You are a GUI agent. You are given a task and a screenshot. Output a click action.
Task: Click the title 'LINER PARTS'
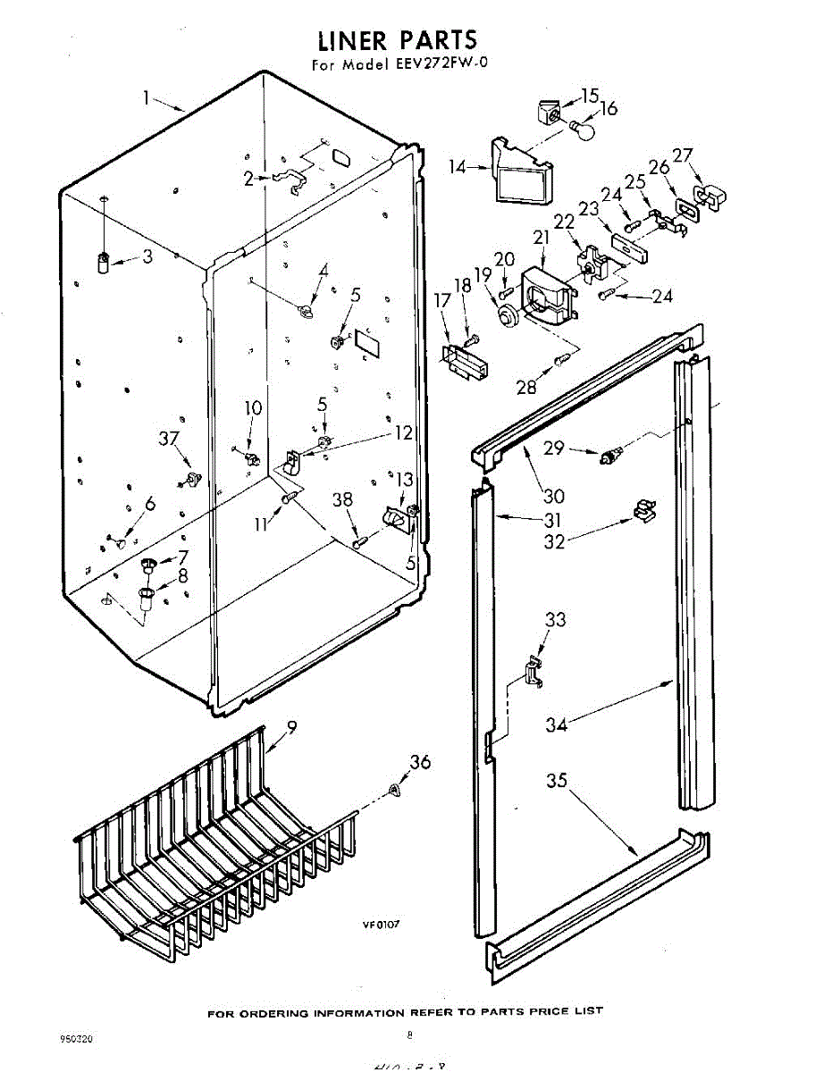click(x=398, y=40)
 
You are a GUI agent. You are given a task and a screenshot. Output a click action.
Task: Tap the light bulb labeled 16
click(x=582, y=131)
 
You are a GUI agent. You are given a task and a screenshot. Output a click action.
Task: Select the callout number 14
click(x=458, y=166)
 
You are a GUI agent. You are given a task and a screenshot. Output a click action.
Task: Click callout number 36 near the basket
click(x=419, y=762)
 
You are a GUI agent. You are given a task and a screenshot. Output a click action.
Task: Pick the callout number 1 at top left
click(x=146, y=96)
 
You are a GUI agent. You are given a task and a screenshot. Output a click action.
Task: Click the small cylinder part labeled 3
click(x=103, y=262)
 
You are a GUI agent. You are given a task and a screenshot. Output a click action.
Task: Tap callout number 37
click(x=170, y=438)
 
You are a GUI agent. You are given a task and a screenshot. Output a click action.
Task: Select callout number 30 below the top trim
click(x=553, y=497)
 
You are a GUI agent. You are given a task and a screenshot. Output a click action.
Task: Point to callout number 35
click(x=557, y=781)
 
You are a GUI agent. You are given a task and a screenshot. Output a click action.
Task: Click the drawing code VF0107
click(x=380, y=925)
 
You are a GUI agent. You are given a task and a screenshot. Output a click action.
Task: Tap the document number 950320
click(x=77, y=1039)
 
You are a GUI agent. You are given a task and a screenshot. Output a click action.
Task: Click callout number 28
click(x=526, y=387)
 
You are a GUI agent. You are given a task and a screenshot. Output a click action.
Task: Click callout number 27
click(x=683, y=155)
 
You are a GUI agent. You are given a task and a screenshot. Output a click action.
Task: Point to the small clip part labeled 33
click(x=533, y=672)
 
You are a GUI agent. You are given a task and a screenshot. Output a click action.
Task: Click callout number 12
click(x=404, y=433)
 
